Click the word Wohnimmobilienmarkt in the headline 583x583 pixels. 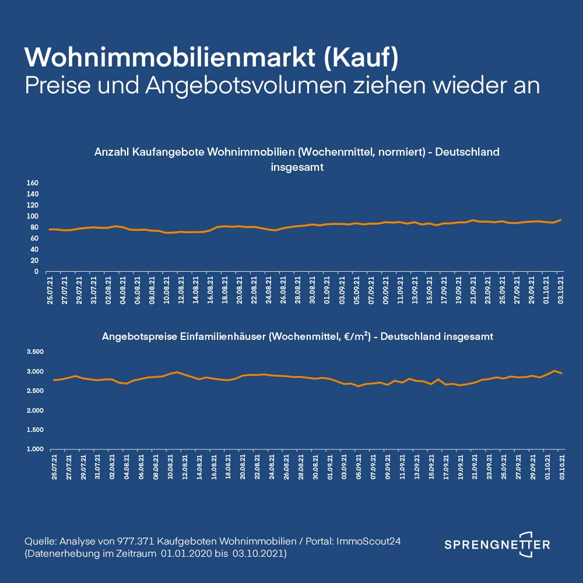tap(169, 57)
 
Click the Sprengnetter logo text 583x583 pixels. tap(497, 545)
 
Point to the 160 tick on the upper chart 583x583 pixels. tap(33, 183)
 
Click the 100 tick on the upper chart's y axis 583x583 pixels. tap(33, 216)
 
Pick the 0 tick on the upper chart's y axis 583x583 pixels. tap(36, 272)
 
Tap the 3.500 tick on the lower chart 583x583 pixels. tap(36, 352)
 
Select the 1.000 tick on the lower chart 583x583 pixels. tap(36, 449)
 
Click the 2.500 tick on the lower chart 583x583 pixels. tap(36, 391)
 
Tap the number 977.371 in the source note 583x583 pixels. tap(136, 541)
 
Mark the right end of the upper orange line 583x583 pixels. tap(560, 220)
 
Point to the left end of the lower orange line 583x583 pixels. tap(54, 380)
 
